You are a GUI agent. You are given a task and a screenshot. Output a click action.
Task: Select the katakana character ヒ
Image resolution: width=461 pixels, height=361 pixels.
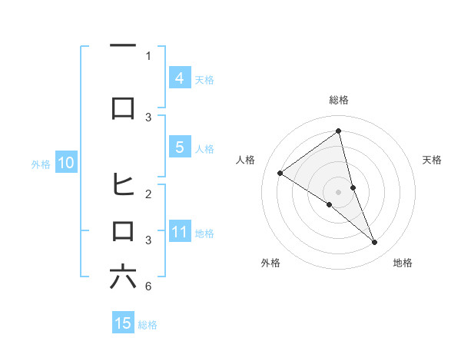(123, 184)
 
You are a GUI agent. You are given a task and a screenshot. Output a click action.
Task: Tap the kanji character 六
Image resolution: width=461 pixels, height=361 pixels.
(123, 277)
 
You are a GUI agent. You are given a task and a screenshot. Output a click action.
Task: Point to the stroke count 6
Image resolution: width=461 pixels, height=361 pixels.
(148, 286)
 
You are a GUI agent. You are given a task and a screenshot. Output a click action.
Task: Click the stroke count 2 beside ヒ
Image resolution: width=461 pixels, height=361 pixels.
(148, 194)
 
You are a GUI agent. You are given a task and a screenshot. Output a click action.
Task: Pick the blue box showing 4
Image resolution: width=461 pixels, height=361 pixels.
(179, 78)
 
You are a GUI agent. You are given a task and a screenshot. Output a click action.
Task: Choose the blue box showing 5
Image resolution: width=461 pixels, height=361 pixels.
(179, 148)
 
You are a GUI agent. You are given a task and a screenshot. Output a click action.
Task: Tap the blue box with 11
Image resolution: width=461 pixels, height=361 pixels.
(179, 232)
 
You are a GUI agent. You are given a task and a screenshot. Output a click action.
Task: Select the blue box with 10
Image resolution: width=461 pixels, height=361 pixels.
(65, 163)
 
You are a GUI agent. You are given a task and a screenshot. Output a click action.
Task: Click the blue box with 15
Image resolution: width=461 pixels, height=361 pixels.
(123, 323)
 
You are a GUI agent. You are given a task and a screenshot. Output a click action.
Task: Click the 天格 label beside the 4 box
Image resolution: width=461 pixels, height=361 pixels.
(204, 79)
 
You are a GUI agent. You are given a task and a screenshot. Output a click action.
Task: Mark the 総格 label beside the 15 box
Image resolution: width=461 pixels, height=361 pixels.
(148, 325)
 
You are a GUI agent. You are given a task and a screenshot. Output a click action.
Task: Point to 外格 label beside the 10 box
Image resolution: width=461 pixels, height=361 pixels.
(40, 164)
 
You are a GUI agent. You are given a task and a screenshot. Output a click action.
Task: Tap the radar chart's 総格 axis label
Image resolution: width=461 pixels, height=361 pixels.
(338, 100)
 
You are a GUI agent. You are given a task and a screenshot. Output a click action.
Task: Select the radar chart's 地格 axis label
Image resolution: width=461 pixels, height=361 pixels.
(403, 263)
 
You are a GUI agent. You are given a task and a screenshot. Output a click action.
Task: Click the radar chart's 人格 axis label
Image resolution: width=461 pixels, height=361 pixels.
(246, 160)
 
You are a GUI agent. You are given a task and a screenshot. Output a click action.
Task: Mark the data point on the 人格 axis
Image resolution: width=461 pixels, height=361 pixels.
(280, 173)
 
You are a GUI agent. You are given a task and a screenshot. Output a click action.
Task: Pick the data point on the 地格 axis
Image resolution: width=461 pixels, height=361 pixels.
(375, 243)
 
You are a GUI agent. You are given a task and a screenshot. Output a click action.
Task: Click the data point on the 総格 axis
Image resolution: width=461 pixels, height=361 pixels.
(338, 131)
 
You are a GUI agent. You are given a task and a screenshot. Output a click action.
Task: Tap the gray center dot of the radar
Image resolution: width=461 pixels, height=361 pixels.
(338, 192)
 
